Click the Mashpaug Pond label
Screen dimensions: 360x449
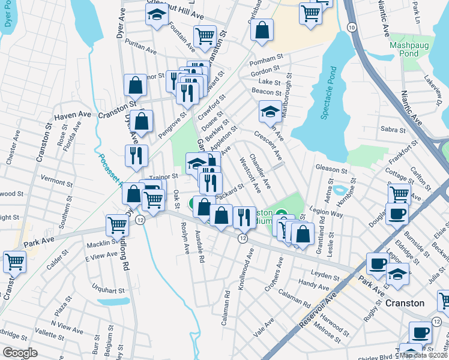[412, 49]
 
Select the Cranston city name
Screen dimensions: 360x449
[405, 303]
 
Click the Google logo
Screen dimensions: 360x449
[20, 353]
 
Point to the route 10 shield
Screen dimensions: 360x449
[352, 28]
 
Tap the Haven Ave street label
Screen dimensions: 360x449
[73, 115]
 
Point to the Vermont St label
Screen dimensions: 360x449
[56, 179]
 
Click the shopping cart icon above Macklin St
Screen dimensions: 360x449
[117, 224]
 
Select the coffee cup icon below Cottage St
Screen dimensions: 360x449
[396, 213]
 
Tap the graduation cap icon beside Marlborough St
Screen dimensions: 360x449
[270, 110]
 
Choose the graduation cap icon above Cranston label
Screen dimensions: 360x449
[397, 274]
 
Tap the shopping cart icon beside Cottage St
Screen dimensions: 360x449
[399, 193]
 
